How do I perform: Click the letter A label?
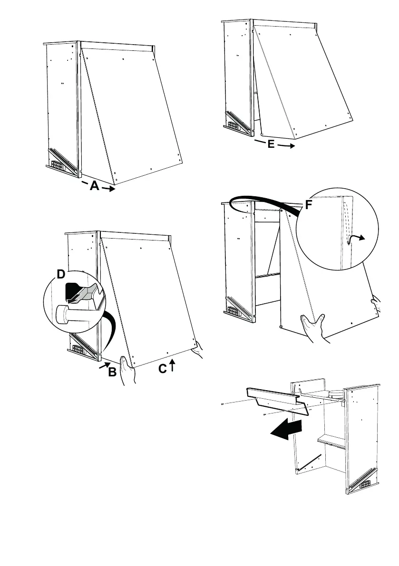coord(95,187)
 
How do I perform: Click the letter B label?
coord(112,372)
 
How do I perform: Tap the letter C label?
coord(163,368)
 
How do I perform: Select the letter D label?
coord(60,275)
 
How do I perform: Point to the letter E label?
coord(271,144)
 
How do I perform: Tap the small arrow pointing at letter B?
coord(104,366)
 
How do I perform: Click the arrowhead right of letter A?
coord(110,189)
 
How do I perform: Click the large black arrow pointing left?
coord(285,429)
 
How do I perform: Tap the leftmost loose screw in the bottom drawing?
coord(223,405)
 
